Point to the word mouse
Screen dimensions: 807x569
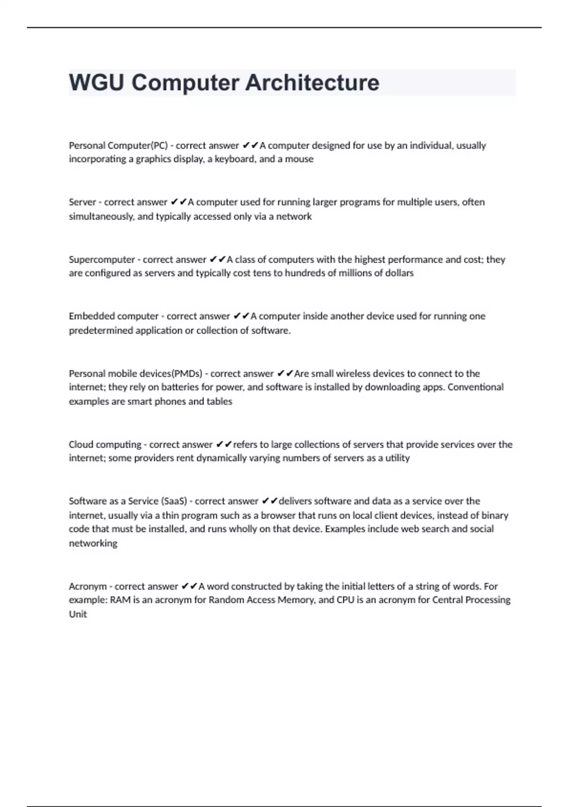coord(299,159)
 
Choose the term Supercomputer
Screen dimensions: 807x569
coord(101,260)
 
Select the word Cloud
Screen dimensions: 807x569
coord(81,445)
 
